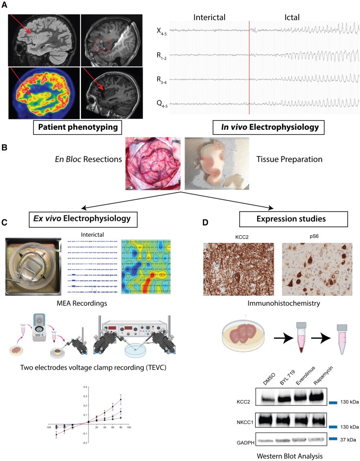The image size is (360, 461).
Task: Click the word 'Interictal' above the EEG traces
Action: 209,17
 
